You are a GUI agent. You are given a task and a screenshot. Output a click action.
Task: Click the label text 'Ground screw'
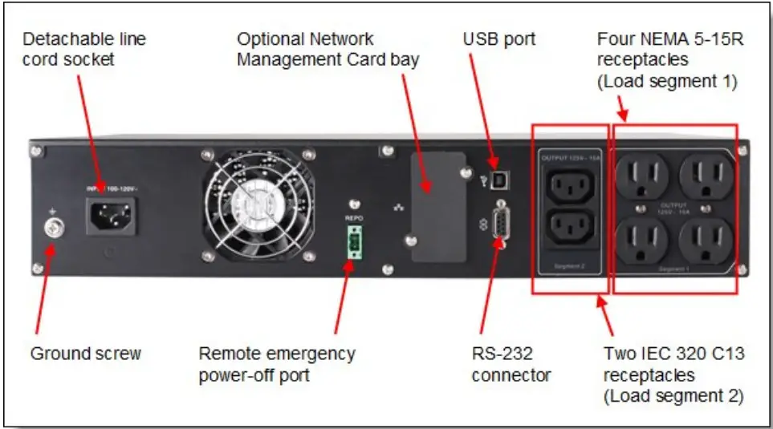pos(85,354)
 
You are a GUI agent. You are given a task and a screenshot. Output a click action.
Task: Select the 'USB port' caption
pos(498,38)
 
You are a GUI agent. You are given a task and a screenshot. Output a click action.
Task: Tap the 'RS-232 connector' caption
pos(511,364)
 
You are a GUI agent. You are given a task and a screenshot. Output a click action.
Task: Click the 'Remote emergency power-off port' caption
pos(276,364)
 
